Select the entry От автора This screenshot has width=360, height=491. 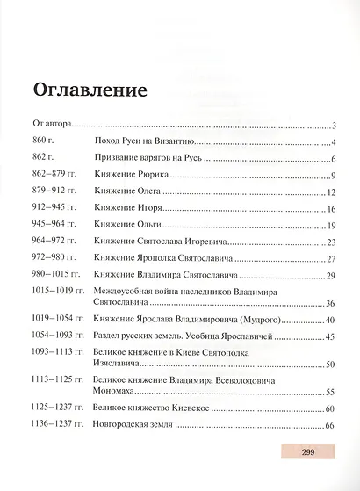pos(51,126)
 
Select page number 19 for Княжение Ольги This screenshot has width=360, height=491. pos(332,226)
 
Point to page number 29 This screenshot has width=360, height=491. pos(332,277)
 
